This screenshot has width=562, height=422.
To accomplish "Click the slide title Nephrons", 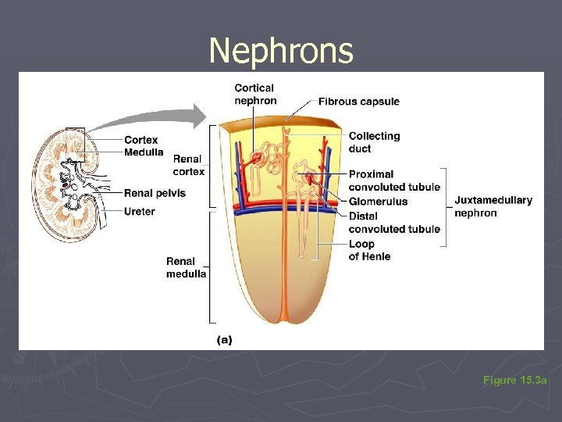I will coord(281,52).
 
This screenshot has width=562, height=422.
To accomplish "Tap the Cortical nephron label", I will coord(255,94).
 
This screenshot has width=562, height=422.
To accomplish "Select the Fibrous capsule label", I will coord(358,102).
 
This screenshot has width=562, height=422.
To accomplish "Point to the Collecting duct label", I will coord(374,142).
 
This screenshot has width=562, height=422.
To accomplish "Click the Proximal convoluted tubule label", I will coord(394,181).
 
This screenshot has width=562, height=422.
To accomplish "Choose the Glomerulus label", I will coord(378,202).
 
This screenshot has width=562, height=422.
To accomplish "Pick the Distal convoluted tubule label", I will coord(394,222).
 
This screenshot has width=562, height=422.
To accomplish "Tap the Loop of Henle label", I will coord(369,250).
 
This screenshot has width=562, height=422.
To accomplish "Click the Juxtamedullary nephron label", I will coord(493,206).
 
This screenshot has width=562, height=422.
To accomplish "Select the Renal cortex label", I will coord(188,166).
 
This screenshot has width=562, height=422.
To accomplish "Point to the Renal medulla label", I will coord(186,267).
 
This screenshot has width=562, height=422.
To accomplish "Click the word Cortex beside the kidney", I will coord(140,141).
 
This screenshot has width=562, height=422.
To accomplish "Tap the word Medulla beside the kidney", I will coord(144,152).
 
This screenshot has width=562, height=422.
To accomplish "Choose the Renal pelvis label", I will coord(155,193).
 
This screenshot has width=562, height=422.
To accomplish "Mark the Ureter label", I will coord(139,211).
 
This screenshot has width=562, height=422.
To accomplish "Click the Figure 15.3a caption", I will coord(515,380).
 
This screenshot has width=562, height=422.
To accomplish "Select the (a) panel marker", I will coord(224,340).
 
